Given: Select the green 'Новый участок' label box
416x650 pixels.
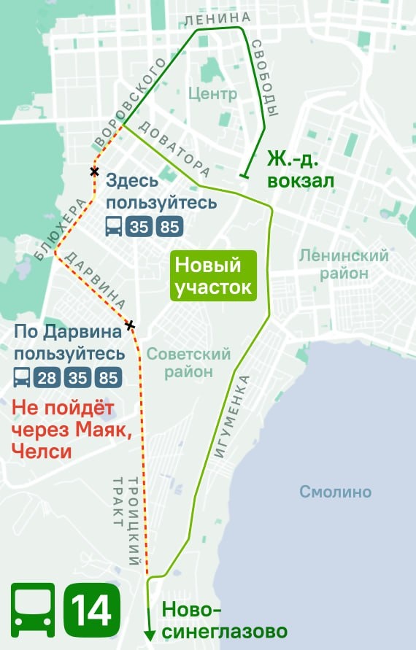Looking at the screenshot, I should [x=214, y=276].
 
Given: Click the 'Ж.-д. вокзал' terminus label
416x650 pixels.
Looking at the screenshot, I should [x=301, y=169].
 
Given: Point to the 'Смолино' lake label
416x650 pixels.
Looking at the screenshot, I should [x=335, y=492].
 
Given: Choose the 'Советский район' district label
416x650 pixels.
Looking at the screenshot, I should [x=188, y=363].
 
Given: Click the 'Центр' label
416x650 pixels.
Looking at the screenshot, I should [x=212, y=93].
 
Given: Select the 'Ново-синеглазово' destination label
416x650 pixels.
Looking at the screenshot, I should [x=223, y=620].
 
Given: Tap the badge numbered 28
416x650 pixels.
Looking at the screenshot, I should [x=47, y=378].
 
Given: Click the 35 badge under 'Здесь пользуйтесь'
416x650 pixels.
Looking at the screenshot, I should [x=139, y=227].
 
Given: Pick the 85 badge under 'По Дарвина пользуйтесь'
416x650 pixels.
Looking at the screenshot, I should [x=108, y=378].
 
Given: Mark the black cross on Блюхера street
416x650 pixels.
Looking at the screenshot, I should [x=93, y=171].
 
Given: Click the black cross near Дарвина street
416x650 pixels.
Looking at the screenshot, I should [x=129, y=325].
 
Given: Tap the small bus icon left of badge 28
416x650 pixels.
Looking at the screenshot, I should [x=21, y=378].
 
